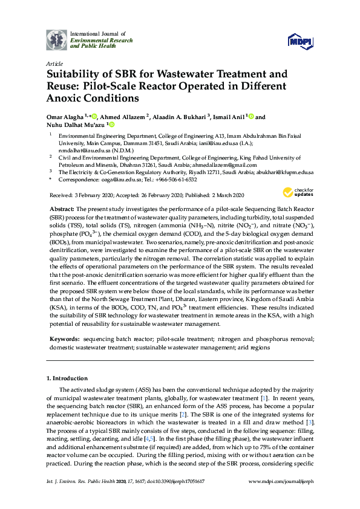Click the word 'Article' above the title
pyautogui.click(x=54, y=63)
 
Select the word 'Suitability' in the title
pyautogui.click(x=77, y=75)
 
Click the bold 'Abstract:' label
pyautogui.click(x=66, y=209)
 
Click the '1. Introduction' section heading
pyautogui.click(x=68, y=378)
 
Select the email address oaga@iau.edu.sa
pyautogui.click(x=114, y=180)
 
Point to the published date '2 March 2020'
pyautogui.click(x=227, y=195)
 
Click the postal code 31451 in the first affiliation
pyautogui.click(x=149, y=145)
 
